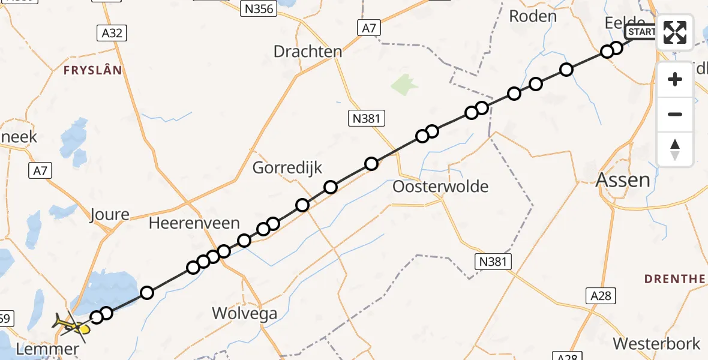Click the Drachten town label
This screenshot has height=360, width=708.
pos(308,52)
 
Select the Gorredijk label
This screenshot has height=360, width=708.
pos(287,168)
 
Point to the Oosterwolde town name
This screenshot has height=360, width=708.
pos(440,187)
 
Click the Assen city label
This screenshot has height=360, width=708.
pos(623,180)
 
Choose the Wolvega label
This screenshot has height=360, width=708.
pos(245,313)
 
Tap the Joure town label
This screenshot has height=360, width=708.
pos(109,214)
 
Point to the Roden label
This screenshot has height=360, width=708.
pos(533,16)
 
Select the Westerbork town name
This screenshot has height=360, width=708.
pos(656,344)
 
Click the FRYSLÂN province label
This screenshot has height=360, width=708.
pos(93,70)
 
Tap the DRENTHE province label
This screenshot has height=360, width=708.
pos(674,279)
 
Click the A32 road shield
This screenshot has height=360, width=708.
pos(112,33)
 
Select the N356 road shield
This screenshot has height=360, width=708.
pos(257,8)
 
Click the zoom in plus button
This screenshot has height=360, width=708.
pos(675,80)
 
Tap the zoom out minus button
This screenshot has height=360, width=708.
pos(675,114)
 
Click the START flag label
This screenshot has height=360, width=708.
pos(641,32)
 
